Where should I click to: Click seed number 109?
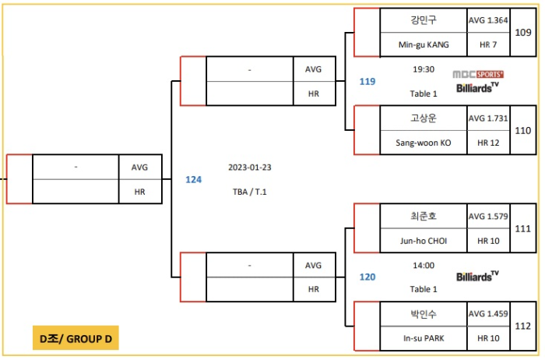523,32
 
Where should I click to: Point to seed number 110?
523,130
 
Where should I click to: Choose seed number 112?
523,326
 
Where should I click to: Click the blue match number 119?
367,81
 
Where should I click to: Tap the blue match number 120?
367,277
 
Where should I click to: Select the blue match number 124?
193,179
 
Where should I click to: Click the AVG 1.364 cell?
488,20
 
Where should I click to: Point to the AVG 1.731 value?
488,118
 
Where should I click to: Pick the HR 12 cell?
488,143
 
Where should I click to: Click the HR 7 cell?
488,46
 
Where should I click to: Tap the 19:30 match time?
424,69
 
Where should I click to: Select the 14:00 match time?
424,265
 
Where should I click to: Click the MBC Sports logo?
479,74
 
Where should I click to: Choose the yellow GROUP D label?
76,338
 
